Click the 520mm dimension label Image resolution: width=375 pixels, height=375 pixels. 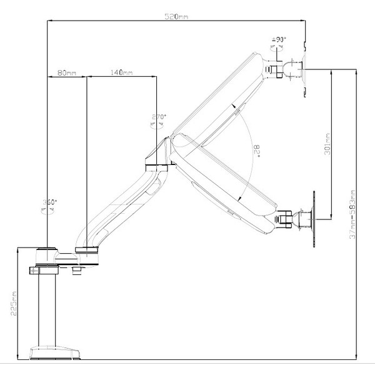177,16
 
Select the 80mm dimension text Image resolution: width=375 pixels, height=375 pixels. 67,72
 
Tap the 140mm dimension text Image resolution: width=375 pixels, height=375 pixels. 121,72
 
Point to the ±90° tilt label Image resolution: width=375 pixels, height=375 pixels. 279,40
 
